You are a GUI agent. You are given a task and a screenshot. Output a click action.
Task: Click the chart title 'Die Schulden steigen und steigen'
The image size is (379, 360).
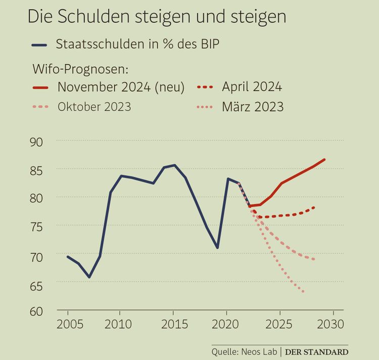(x=156, y=17)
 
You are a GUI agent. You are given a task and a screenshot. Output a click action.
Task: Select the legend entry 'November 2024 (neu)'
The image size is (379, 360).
(x=121, y=87)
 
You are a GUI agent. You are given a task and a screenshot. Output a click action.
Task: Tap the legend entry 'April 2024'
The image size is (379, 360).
(x=252, y=87)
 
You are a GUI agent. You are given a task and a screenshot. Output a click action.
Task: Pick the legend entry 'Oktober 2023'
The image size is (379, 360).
(x=94, y=107)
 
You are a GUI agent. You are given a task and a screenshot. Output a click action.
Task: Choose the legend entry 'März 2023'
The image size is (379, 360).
(x=253, y=107)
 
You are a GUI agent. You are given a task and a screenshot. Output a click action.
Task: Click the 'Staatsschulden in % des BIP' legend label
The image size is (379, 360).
(x=138, y=44)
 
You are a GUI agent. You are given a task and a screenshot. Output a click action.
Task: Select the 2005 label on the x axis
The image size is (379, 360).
(x=68, y=324)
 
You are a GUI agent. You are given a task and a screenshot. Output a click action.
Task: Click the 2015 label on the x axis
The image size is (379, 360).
(x=174, y=324)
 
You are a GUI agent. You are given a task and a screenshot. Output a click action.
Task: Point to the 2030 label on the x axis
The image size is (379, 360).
(x=332, y=324)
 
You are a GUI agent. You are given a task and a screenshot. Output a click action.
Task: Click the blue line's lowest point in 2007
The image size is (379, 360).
(x=89, y=277)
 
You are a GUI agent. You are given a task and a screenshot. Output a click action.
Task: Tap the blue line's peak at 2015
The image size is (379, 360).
(x=174, y=165)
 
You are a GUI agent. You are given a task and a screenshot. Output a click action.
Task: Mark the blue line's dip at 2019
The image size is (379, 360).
(x=217, y=248)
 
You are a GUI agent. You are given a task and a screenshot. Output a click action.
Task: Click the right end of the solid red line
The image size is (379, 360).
(x=324, y=159)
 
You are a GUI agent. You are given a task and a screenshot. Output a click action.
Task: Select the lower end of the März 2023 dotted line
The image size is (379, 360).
(x=303, y=292)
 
